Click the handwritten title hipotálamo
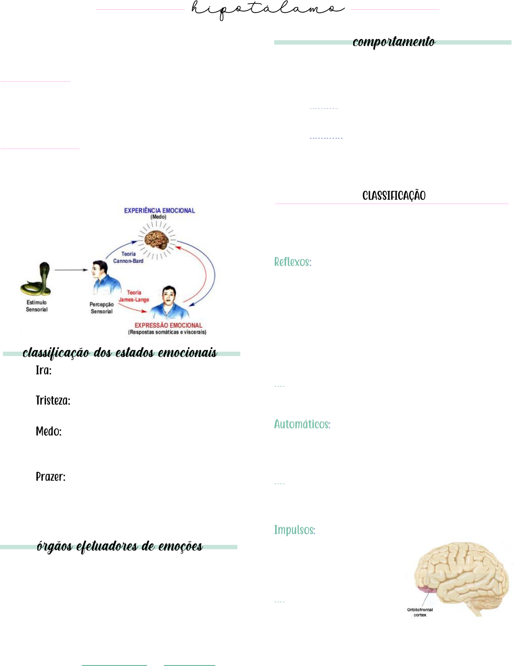268,9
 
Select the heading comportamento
394,42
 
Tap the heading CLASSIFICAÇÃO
394,196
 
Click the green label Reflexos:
293,262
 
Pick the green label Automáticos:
302,424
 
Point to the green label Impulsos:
294,530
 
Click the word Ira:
44,370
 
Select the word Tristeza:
53,401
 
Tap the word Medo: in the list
49,432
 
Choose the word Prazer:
51,477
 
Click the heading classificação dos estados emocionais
120,353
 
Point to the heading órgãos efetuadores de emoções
120,546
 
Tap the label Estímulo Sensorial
37,306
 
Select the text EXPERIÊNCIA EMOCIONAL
159,210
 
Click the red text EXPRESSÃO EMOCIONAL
168,325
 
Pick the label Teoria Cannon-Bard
128,257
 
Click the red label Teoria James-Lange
134,296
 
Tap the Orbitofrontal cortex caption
420,612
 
